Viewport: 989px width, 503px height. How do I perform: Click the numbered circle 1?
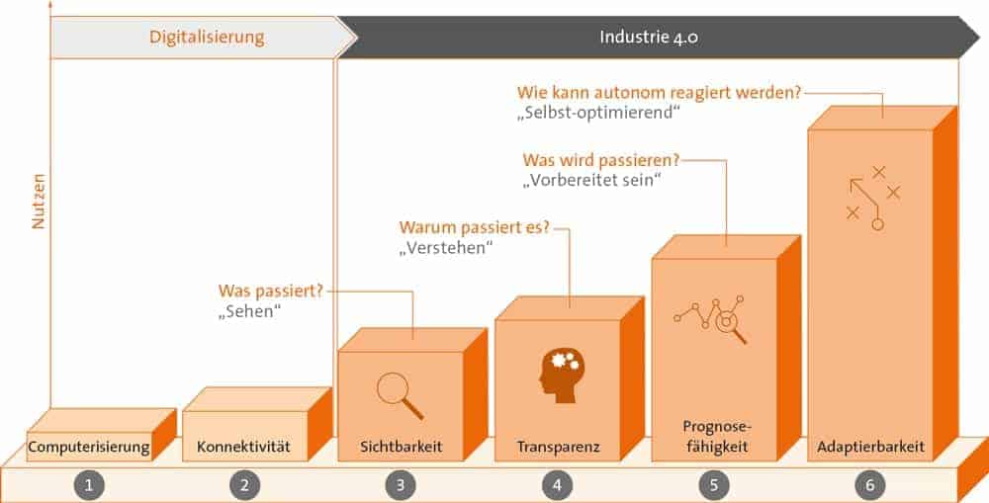[89, 484]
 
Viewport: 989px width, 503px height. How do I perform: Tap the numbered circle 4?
[557, 484]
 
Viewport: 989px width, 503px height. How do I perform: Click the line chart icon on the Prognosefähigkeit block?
[710, 317]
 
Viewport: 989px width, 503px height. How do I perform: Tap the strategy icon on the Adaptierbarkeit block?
[871, 198]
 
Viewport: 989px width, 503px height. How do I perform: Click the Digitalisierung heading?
[207, 39]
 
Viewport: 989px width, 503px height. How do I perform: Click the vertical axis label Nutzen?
[40, 203]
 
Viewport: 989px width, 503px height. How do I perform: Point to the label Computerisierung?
[89, 448]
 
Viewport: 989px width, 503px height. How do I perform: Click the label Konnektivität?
[243, 448]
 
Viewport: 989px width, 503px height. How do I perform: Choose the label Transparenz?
[557, 448]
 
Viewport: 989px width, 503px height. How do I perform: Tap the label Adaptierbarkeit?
[871, 448]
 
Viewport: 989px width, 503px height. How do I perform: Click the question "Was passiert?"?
[270, 293]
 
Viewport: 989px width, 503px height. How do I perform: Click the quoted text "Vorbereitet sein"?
[590, 182]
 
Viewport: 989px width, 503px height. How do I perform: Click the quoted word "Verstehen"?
[446, 249]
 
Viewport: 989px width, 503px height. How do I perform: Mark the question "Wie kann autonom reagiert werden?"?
[659, 93]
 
